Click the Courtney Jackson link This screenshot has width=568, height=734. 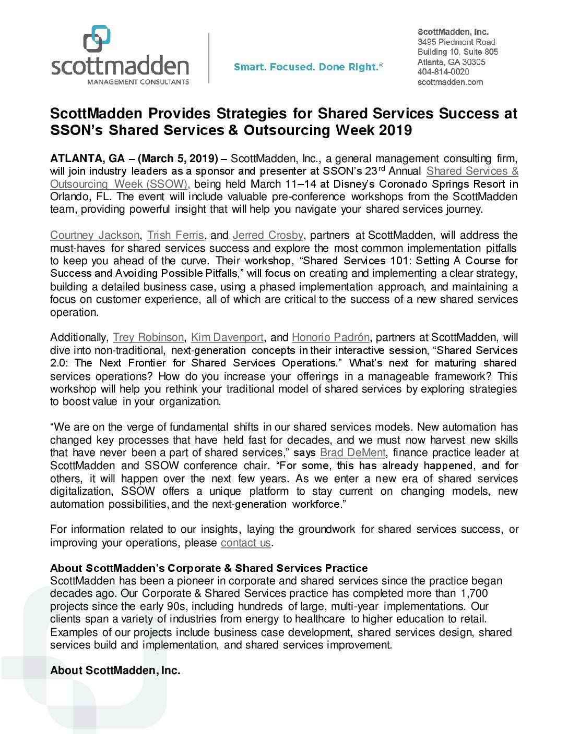[94, 236]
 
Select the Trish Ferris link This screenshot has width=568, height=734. [175, 236]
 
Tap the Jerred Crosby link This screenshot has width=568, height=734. [268, 236]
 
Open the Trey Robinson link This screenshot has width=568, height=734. [148, 338]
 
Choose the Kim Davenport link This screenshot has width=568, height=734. [227, 338]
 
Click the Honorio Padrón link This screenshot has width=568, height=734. [330, 338]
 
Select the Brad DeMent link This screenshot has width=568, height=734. [353, 453]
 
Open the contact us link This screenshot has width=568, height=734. [245, 543]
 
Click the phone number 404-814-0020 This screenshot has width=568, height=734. [443, 72]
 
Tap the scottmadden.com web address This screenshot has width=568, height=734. [450, 82]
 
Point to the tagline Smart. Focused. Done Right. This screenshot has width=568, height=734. [308, 67]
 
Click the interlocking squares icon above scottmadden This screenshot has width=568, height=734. [97, 39]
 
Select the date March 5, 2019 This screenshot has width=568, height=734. [178, 158]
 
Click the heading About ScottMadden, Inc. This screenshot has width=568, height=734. [115, 671]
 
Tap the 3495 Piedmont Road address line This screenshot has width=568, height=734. [456, 42]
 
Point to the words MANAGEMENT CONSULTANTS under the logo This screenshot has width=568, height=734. [138, 82]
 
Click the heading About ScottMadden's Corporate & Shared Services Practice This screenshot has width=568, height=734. [209, 568]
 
